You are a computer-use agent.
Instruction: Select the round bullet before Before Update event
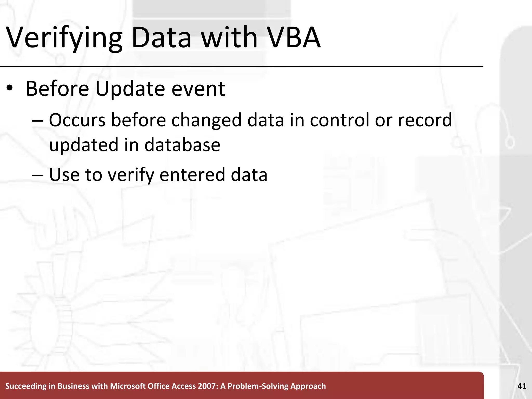click(x=10, y=88)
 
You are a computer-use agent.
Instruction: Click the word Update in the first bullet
click(x=130, y=89)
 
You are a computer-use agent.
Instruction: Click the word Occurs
click(x=77, y=120)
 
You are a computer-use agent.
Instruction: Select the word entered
click(x=192, y=175)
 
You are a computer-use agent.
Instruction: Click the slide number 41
click(x=522, y=386)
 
